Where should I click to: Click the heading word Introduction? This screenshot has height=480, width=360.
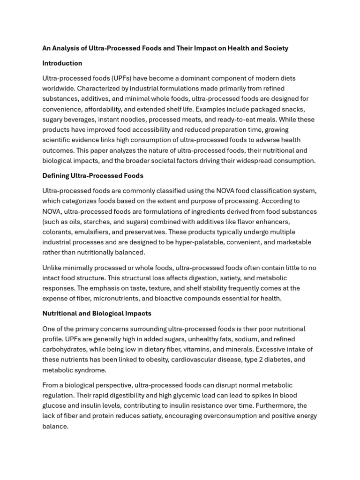click(62, 63)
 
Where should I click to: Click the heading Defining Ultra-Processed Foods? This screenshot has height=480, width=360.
click(93, 176)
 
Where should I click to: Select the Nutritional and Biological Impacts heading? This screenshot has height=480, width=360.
click(97, 313)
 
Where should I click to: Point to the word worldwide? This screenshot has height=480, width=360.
click(58, 89)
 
